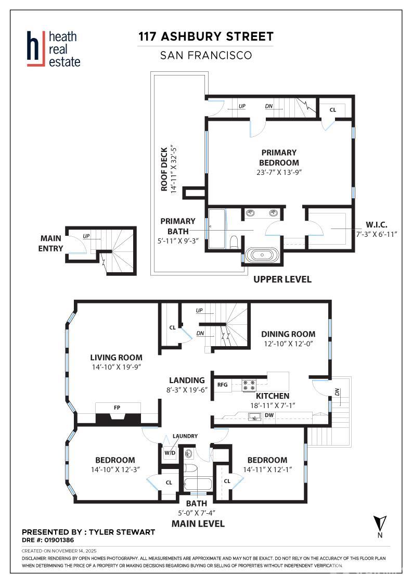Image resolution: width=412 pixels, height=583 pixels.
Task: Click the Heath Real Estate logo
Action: pos(54,49)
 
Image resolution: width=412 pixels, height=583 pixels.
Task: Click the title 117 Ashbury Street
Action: pos(206,36)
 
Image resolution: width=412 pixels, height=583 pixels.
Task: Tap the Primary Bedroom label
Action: pos(279,158)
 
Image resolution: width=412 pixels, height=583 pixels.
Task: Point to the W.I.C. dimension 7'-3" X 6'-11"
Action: pos(377,234)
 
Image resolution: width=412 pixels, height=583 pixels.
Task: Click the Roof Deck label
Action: pos(164,169)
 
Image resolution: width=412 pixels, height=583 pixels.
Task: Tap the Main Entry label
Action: pos(50,243)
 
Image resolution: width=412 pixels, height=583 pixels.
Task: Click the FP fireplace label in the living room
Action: pos(117,408)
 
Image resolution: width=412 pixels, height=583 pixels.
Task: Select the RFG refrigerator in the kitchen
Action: pos(223,385)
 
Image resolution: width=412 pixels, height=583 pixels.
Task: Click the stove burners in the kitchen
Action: pos(249,385)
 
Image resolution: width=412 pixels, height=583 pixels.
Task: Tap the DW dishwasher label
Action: pos(269,415)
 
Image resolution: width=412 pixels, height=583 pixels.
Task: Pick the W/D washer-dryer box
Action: pos(170,453)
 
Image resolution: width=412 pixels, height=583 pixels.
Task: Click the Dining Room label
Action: pos(288,334)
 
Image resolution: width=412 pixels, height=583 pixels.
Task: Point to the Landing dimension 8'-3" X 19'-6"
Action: pos(187,390)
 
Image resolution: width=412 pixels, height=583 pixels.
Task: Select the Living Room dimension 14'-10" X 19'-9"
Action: pos(117,367)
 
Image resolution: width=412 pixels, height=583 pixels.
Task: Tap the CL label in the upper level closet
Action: pos(333,110)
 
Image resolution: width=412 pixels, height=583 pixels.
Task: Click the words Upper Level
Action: pos(282,279)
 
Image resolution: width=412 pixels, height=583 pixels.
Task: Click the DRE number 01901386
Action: pos(59,540)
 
